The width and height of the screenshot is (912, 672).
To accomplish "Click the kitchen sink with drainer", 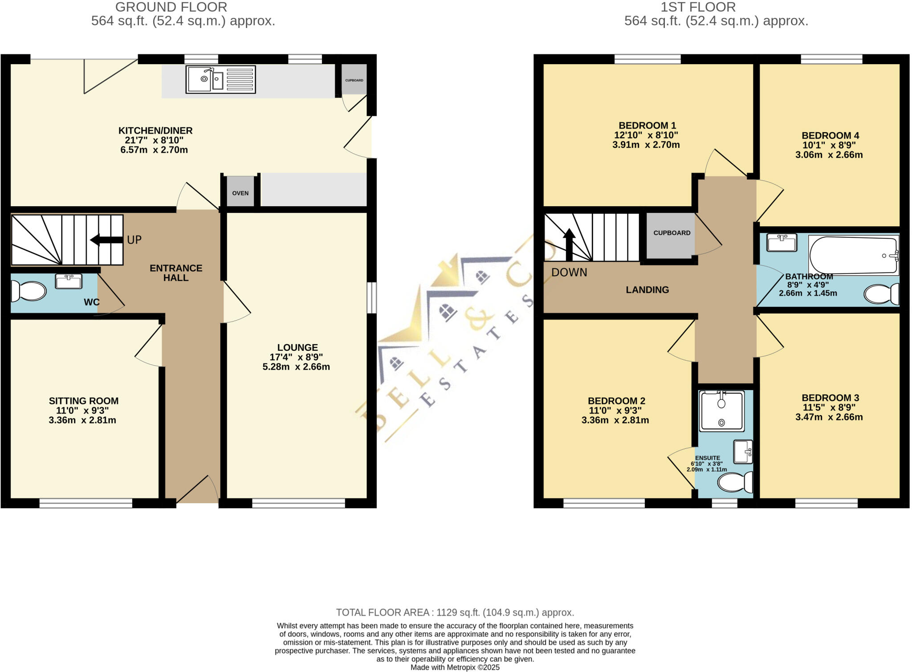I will pos(220,80).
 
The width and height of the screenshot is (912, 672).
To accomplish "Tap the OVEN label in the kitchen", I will pos(240,193).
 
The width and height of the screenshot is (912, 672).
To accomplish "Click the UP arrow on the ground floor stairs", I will pos(106,240).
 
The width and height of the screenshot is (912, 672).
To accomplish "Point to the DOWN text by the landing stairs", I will pos(569,272).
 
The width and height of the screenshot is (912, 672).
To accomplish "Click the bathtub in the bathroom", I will pos(853,255).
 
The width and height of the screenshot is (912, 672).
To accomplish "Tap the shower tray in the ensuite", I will pos(721,411).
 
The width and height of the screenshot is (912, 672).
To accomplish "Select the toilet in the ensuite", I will pos(735,482).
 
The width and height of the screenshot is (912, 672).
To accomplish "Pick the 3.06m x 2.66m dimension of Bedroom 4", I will pos(829,155).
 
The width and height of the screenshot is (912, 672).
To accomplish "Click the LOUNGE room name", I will pos(297,347).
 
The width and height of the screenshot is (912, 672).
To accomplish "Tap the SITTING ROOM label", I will pos(84,401).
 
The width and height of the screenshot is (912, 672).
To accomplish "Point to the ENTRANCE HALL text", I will pos(176,273).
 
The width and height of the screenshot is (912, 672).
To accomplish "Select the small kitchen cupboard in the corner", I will pos(354,80).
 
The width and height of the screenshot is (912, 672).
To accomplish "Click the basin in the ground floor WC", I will pos(69,281).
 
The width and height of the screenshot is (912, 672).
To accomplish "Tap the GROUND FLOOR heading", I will pos(171,7).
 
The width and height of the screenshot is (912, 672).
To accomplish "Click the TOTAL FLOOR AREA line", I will pos(455,612).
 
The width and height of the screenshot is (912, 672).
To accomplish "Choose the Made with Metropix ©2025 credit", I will pos(455,667).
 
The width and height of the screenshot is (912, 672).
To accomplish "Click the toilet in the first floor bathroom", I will pos(881,294).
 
